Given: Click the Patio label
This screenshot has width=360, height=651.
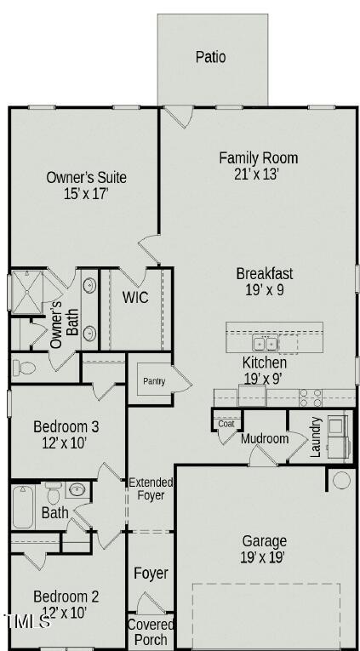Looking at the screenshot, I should [211, 57].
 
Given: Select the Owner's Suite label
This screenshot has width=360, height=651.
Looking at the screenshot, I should [86, 177].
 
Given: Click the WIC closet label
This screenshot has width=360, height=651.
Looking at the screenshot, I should [136, 297].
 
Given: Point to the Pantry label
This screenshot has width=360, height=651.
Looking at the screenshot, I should [153, 381].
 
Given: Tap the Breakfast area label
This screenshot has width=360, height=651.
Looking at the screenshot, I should [265, 273].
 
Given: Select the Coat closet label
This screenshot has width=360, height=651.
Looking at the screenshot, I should [226, 423].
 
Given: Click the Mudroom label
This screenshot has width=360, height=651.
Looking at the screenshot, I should [264, 439].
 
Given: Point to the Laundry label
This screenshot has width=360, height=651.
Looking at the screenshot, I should [316, 437].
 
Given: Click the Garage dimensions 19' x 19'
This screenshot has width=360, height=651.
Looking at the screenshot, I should [264, 557].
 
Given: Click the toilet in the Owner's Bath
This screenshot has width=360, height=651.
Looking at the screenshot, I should [24, 368].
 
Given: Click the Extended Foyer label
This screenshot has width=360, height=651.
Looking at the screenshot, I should [151, 488].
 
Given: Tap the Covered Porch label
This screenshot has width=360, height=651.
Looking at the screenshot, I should [151, 631].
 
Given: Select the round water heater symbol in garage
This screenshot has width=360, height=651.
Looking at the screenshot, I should [341, 479].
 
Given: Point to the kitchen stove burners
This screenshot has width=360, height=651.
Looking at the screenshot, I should [311, 396].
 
